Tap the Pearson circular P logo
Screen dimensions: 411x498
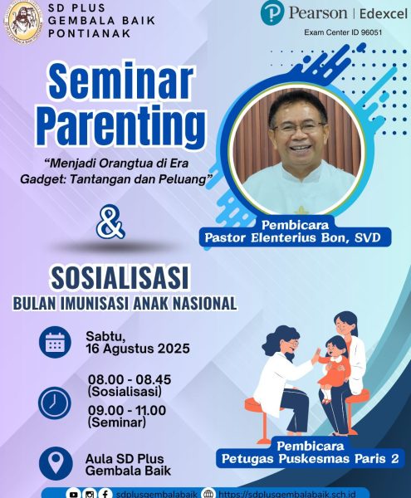pyautogui.click(x=272, y=13)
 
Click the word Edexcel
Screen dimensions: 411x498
pyautogui.click(x=384, y=13)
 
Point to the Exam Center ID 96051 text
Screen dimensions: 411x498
pyautogui.click(x=343, y=32)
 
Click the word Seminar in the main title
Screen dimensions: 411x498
pyautogui.click(x=120, y=82)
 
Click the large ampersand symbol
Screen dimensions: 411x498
pyautogui.click(x=110, y=222)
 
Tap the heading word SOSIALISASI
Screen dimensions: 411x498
pyautogui.click(x=120, y=278)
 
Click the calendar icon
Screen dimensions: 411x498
pyautogui.click(x=55, y=342)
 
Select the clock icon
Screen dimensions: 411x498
pyautogui.click(x=55, y=403)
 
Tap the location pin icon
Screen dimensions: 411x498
pyautogui.click(x=56, y=463)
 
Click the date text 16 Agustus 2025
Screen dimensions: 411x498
pyautogui.click(x=138, y=349)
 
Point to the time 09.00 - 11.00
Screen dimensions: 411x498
pyautogui.click(x=127, y=410)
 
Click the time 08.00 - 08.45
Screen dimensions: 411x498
pyautogui.click(x=130, y=379)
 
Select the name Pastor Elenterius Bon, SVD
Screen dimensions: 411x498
pyautogui.click(x=292, y=238)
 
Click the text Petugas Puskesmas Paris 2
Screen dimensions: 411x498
pyautogui.click(x=310, y=459)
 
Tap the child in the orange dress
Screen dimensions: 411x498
pyautogui.click(x=333, y=369)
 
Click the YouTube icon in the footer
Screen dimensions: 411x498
pyautogui.click(x=73, y=494)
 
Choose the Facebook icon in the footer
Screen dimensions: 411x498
pyautogui.click(x=105, y=494)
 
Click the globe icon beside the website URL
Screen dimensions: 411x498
pyautogui.click(x=208, y=494)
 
